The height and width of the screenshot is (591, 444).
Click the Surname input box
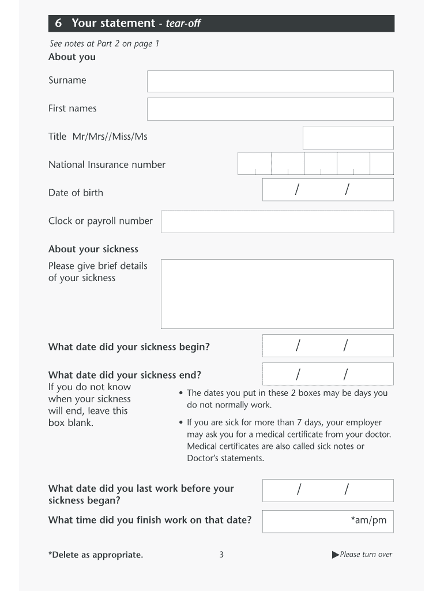tap(270, 81)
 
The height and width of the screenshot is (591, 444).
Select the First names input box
tap(270, 109)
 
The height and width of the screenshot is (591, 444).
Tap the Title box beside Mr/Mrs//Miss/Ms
tap(348, 137)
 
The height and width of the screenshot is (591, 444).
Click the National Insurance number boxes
tap(315, 163)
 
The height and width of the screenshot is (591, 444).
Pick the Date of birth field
tap(328, 190)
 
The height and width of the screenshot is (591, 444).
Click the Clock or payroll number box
tap(277, 222)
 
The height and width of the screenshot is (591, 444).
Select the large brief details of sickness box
tap(277, 294)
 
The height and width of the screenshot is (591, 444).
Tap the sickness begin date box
tap(328, 346)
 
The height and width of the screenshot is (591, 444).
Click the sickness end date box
tap(328, 374)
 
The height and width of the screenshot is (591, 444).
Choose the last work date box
tap(328, 491)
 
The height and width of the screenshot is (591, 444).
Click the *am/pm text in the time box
tap(369, 521)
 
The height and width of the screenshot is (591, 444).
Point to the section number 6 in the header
tap(58, 24)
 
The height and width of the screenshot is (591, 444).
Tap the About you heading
tap(72, 57)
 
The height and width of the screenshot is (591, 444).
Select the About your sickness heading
tap(93, 249)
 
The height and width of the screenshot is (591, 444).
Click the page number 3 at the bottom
tap(221, 555)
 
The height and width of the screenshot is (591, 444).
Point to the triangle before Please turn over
tap(336, 555)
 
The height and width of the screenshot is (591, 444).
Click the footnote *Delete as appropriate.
tap(96, 555)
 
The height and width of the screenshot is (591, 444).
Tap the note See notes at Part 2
tap(104, 44)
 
